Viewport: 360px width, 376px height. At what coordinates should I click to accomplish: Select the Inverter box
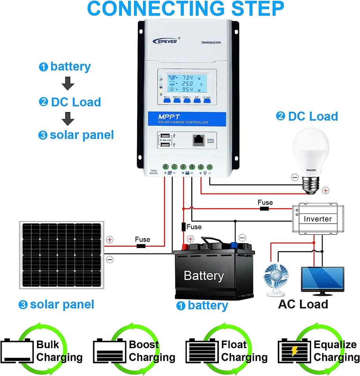318,219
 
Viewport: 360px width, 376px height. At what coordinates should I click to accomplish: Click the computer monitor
322,280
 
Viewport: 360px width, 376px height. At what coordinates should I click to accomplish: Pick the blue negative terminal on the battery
235,246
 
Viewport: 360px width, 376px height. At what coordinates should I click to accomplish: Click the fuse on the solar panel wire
141,246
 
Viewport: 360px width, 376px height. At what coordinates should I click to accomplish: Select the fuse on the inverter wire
265,209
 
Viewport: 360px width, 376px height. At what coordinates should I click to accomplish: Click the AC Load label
303,304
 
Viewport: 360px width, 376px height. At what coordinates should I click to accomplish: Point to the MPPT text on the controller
169,117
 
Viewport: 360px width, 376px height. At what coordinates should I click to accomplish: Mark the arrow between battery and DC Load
68,83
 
